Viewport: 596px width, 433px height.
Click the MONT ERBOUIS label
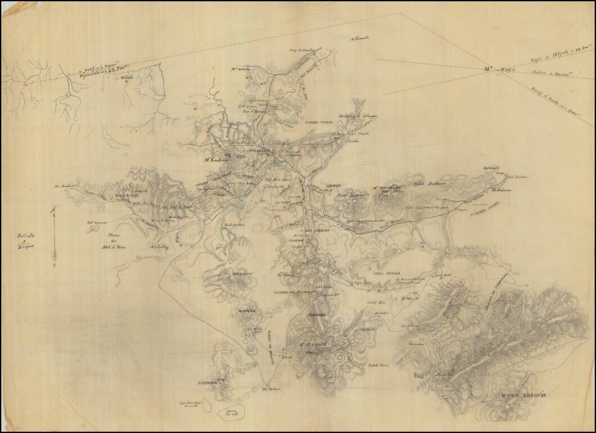523,395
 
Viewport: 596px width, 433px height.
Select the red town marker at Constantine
274,151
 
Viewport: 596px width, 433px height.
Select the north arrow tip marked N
54,210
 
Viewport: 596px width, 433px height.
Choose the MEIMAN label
247,311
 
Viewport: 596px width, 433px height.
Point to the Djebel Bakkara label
427,183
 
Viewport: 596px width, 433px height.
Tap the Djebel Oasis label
379,365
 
